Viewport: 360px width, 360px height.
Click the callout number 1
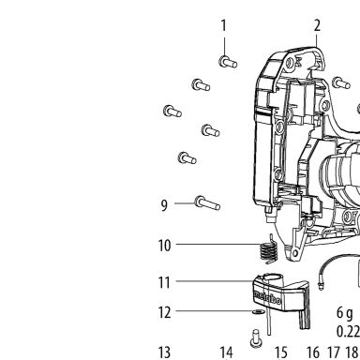(223, 25)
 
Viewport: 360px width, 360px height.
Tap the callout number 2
(317, 25)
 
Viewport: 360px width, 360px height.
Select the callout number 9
(164, 205)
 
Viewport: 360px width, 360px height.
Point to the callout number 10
(165, 246)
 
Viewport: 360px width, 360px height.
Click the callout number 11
(164, 282)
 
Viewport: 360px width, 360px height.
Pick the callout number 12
(165, 312)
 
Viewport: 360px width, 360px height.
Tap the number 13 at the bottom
(165, 352)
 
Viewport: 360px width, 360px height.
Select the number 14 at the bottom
(226, 352)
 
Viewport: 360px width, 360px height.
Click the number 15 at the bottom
(281, 352)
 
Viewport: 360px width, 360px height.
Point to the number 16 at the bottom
(313, 352)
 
